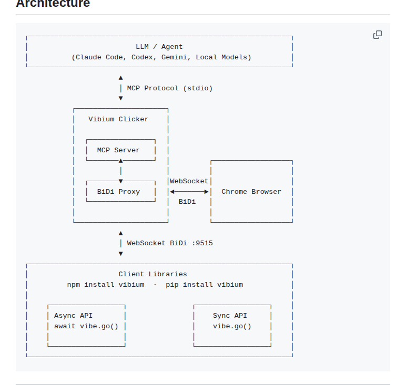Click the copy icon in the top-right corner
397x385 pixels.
[377, 35]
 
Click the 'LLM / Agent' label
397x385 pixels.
[159, 47]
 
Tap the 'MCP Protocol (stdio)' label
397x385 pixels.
[170, 88]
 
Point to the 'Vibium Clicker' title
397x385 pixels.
[118, 119]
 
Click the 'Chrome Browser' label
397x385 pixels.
[251, 192]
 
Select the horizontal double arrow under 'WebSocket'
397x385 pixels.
[189, 192]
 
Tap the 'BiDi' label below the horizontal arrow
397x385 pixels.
[187, 202]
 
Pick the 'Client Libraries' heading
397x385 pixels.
[152, 274]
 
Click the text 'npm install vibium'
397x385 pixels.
[105, 285]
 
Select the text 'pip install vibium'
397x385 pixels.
[205, 285]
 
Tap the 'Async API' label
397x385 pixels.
[73, 316]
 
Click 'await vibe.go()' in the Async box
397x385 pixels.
[86, 326]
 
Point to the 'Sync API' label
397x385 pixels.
[230, 316]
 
